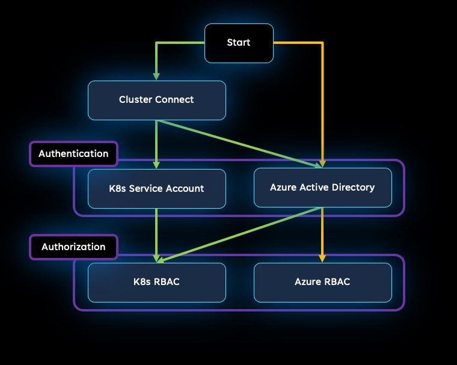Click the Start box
239,43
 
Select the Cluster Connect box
156,100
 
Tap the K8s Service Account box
156,188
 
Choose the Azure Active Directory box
322,188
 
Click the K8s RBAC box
156,281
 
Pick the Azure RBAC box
322,281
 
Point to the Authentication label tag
73,153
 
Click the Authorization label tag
73,247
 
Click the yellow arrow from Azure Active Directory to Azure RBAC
323,235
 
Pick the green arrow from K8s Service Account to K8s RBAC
157,235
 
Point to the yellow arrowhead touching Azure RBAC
323,259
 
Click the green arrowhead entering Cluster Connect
157,76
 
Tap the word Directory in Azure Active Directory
354,188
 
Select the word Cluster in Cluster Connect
135,100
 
